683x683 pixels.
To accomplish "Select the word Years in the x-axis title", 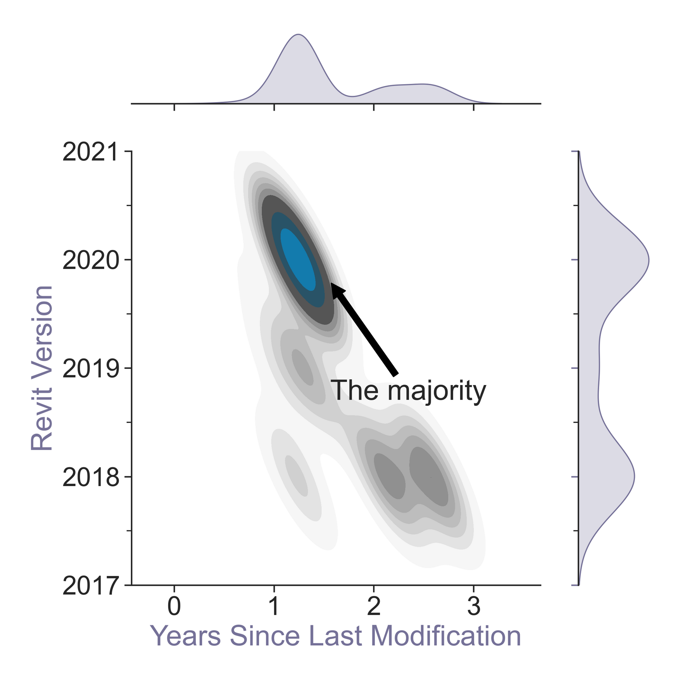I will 185,636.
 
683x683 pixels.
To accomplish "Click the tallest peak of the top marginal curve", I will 299,35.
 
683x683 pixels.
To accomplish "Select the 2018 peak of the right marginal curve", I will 634,477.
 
